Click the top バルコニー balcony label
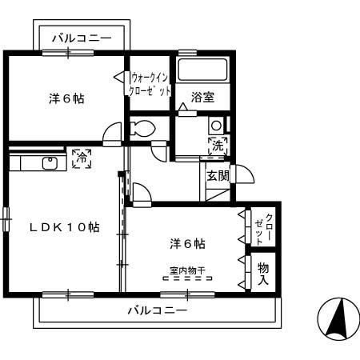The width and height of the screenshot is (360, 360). [83, 37]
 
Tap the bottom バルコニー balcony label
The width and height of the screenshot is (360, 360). [157, 310]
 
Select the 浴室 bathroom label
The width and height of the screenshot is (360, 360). [202, 97]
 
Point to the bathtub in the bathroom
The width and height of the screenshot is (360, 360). [202, 70]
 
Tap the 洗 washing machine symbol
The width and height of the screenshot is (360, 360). [217, 146]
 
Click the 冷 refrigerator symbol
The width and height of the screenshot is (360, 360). [80, 159]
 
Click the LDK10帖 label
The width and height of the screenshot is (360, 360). [65, 226]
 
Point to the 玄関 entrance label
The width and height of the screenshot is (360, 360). [218, 175]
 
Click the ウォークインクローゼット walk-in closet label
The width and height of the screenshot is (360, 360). [150, 85]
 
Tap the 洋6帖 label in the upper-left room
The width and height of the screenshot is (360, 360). [66, 98]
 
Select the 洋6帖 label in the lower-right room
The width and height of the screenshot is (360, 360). [186, 242]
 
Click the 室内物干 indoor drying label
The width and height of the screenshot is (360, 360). [186, 270]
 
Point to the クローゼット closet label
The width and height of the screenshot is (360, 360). [269, 230]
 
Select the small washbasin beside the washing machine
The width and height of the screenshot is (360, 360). [215, 126]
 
